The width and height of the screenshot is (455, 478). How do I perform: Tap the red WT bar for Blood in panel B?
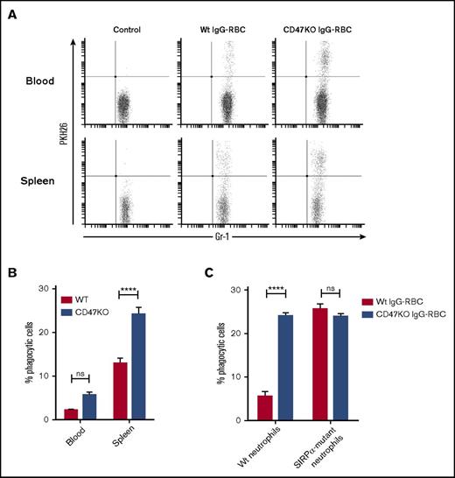(72, 414)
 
